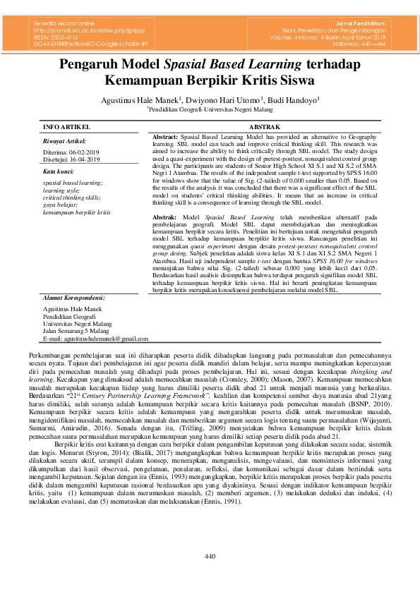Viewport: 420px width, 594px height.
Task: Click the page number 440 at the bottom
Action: point(210,577)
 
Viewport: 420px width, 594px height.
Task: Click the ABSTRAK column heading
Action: point(265,126)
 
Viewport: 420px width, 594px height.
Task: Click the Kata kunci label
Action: point(58,171)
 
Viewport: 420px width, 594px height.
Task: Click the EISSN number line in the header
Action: point(59,37)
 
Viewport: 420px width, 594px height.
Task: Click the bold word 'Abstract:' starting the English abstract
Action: point(165,134)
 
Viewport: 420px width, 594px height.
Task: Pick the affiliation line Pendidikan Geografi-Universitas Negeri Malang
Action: point(210,110)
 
